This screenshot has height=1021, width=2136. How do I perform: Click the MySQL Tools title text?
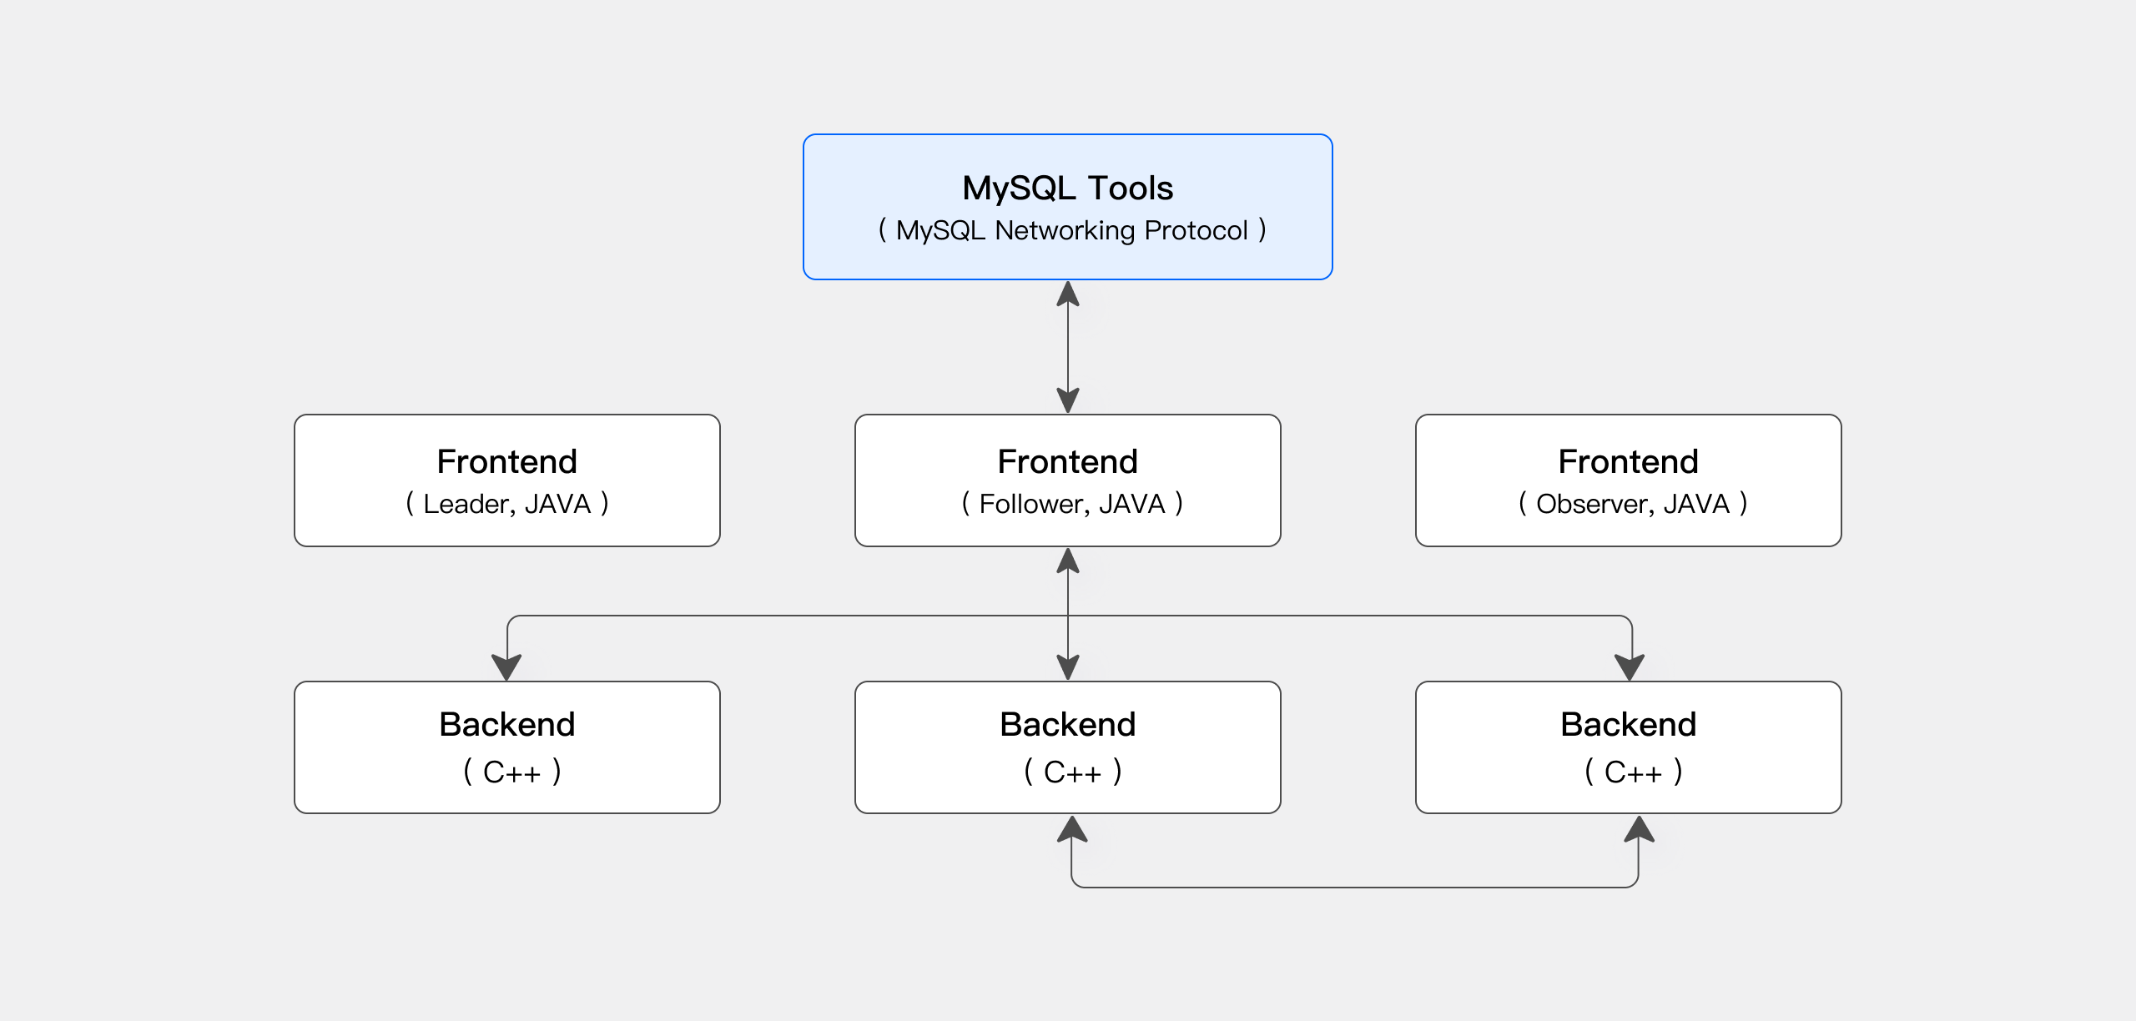(x=1067, y=189)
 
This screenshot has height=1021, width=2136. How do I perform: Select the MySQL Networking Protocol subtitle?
(x=1071, y=230)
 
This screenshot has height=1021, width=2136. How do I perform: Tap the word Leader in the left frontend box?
(x=465, y=504)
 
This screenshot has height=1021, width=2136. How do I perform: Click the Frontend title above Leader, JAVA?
(x=506, y=461)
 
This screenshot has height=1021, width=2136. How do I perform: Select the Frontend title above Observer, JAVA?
(x=1628, y=461)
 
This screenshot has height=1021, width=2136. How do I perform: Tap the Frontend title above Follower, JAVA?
(x=1067, y=461)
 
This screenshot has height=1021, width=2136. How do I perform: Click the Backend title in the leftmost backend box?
(x=506, y=724)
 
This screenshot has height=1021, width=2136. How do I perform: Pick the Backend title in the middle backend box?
(x=1067, y=724)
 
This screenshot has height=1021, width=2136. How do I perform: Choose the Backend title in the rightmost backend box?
(x=1628, y=724)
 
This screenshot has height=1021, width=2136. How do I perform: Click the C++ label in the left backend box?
(x=511, y=772)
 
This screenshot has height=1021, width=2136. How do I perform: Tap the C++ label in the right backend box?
(x=1633, y=772)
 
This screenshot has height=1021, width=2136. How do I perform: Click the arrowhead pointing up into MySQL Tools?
(x=1068, y=294)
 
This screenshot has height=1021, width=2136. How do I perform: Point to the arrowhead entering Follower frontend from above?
(x=1068, y=400)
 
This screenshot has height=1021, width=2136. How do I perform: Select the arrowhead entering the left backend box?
(x=506, y=666)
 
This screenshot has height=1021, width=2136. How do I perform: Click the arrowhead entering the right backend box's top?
(x=1629, y=666)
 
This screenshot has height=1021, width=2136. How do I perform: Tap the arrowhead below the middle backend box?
(x=1072, y=829)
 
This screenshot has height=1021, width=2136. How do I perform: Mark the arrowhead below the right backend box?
(x=1639, y=829)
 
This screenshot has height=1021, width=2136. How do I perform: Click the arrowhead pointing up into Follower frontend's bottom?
(x=1068, y=561)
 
